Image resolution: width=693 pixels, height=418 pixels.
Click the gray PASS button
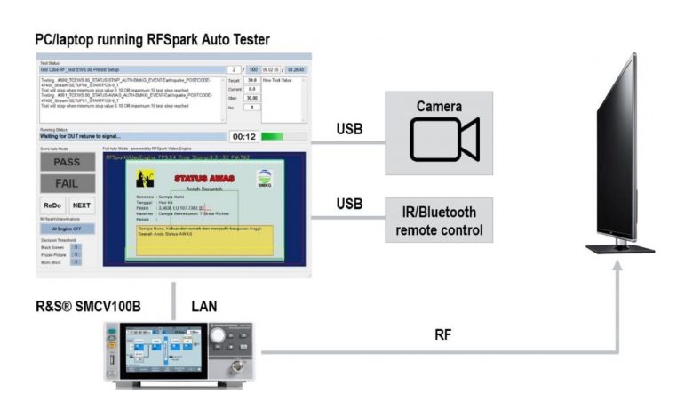(x=67, y=162)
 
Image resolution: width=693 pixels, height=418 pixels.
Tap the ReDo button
(x=52, y=205)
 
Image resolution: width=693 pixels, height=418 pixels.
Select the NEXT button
(x=81, y=205)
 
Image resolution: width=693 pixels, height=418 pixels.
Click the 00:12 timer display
(x=243, y=137)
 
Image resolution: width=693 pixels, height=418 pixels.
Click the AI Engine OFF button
(x=67, y=228)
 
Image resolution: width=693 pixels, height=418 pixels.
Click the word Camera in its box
(x=439, y=107)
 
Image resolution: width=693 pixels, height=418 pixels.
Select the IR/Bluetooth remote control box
(x=438, y=221)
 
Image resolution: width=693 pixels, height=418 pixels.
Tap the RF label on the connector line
(x=442, y=334)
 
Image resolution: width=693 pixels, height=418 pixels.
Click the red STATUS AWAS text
(x=204, y=179)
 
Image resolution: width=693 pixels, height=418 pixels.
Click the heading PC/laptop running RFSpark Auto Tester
(x=152, y=40)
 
